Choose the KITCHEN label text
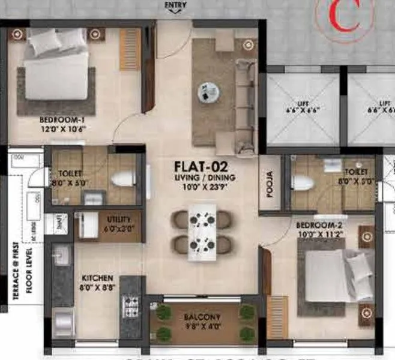pyautogui.click(x=98, y=278)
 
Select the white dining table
pyautogui.click(x=202, y=232)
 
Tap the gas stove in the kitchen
pyautogui.click(x=131, y=307)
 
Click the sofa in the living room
pyautogui.click(x=244, y=103)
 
